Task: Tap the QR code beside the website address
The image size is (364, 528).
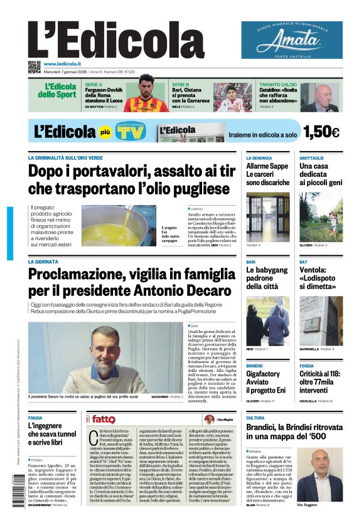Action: [34, 66]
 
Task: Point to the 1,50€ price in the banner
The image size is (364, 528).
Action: [321, 132]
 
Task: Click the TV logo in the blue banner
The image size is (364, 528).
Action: [129, 132]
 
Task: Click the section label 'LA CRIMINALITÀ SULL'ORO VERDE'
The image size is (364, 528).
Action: [66, 157]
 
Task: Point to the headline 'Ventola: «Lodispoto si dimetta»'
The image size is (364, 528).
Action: [319, 278]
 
